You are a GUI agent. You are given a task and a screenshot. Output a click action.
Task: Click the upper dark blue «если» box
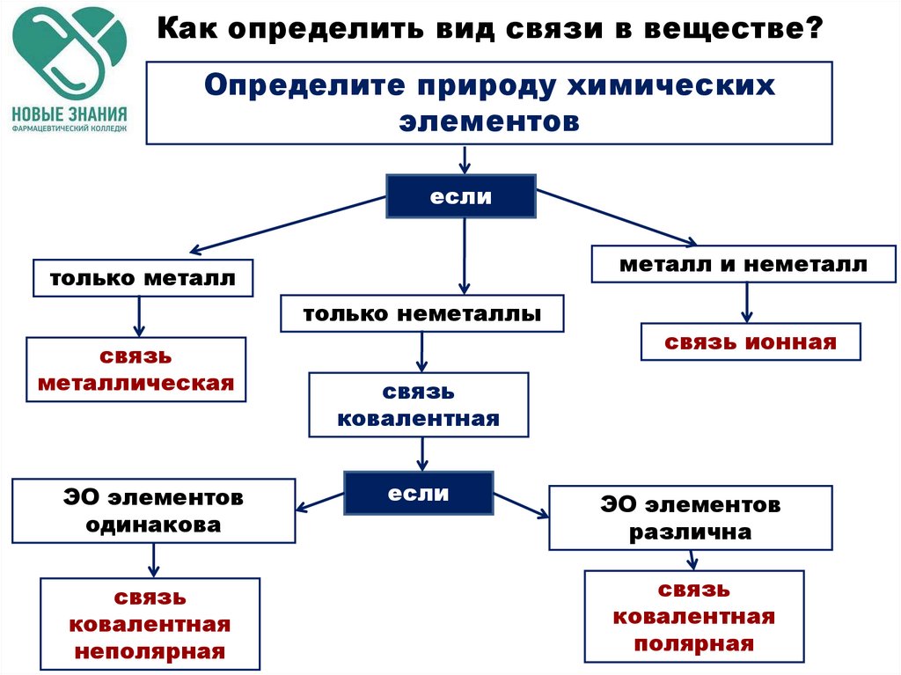461,196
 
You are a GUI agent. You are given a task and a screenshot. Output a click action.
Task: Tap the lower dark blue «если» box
418,493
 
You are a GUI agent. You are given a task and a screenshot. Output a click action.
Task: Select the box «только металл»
143,278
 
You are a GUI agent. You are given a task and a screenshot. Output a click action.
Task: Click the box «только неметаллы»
422,313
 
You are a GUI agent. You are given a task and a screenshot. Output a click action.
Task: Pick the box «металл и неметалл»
744,264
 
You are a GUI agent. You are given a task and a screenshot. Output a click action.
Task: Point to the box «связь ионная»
751,342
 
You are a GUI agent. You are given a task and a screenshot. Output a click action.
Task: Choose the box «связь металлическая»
136,369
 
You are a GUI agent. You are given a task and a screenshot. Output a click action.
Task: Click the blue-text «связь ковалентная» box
419,405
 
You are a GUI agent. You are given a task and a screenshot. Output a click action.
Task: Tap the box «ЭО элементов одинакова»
154,510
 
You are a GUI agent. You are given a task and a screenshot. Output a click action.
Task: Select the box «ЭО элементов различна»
691,518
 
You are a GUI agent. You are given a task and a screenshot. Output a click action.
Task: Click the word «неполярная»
150,651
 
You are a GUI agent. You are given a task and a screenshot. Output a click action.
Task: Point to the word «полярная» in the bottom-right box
694,644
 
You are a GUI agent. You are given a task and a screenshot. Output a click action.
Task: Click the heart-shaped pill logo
70,54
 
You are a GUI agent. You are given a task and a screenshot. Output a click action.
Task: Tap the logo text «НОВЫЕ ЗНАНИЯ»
70,114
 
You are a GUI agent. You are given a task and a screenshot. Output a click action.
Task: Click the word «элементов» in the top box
489,121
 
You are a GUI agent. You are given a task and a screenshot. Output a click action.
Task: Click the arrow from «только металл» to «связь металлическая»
139,317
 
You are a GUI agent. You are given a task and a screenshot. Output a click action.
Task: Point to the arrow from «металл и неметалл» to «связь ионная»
746,303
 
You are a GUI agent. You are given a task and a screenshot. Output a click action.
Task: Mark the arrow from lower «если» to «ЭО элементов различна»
521,506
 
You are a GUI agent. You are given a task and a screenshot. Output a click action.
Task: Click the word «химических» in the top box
671,86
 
